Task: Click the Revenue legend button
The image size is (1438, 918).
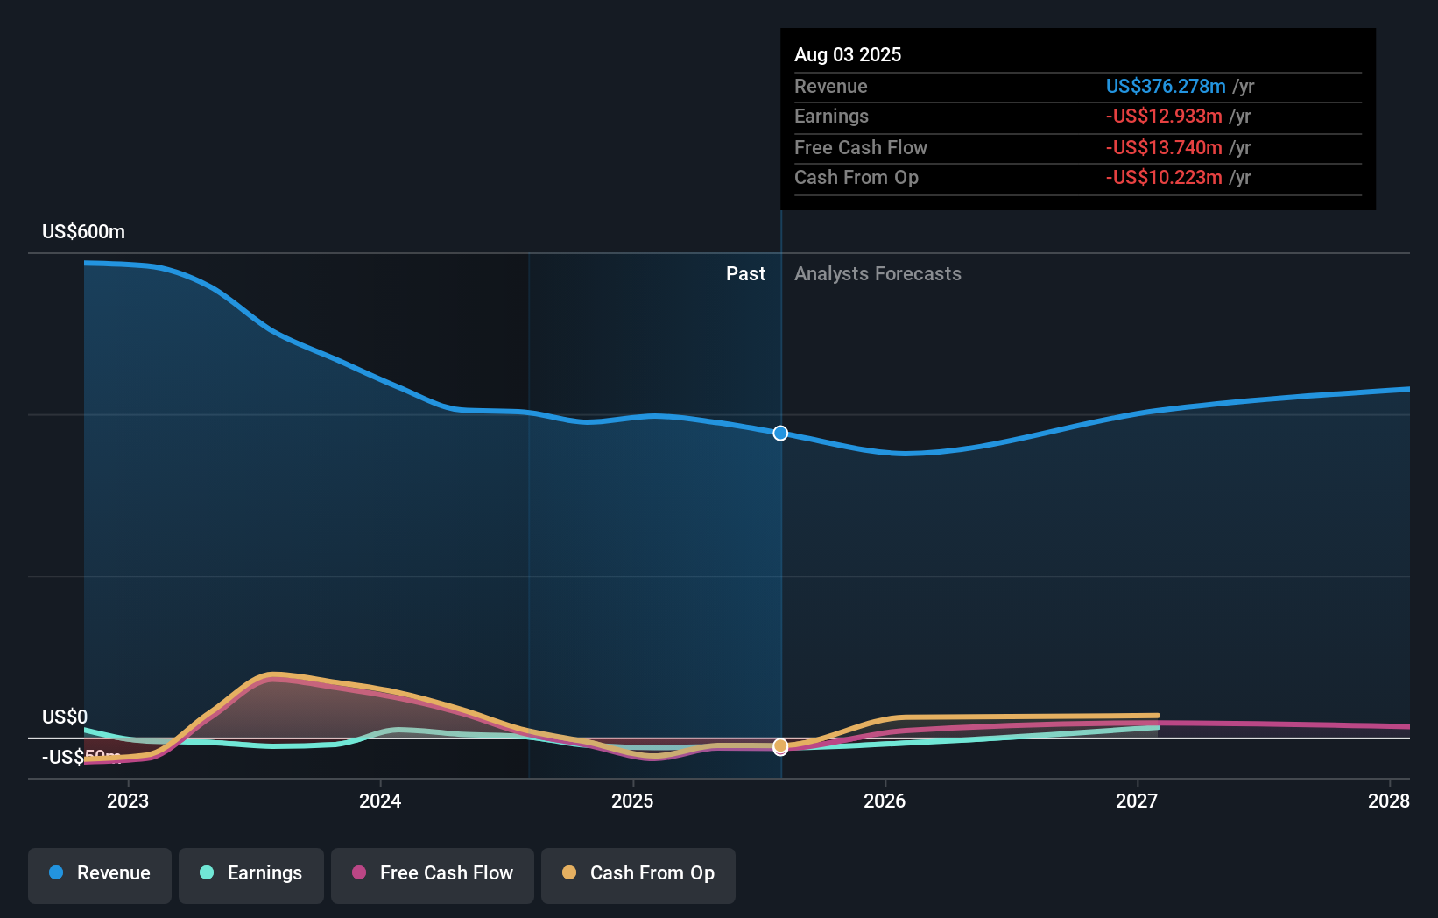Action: pyautogui.click(x=100, y=873)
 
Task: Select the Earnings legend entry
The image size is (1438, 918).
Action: pyautogui.click(x=251, y=873)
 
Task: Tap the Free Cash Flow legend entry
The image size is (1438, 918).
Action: pyautogui.click(x=433, y=873)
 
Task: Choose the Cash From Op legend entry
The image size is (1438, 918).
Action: pyautogui.click(x=638, y=873)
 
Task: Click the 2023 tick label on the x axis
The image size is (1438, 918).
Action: pyautogui.click(x=128, y=801)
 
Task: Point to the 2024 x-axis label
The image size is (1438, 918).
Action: pyautogui.click(x=380, y=801)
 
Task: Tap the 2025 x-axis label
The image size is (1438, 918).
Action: pyautogui.click(x=632, y=801)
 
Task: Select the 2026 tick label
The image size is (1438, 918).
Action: pyautogui.click(x=885, y=801)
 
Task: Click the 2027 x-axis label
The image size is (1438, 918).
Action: pyautogui.click(x=1137, y=801)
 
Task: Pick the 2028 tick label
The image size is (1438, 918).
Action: pyautogui.click(x=1388, y=801)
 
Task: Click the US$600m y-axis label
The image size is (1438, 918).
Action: pyautogui.click(x=83, y=232)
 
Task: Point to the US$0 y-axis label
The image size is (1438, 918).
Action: pyautogui.click(x=65, y=717)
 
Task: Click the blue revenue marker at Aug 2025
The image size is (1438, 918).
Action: pyautogui.click(x=780, y=434)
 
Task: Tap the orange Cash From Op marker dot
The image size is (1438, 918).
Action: pyautogui.click(x=780, y=745)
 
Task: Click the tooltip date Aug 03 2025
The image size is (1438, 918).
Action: pyautogui.click(x=848, y=55)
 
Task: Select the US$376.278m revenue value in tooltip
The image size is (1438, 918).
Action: pyautogui.click(x=1165, y=87)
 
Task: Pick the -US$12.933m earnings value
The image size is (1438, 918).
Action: pyautogui.click(x=1163, y=117)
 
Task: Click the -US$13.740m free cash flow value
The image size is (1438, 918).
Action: pyautogui.click(x=1163, y=148)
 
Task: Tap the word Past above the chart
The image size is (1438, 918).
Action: pyautogui.click(x=745, y=274)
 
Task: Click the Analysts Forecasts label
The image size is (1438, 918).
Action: pyautogui.click(x=878, y=274)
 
